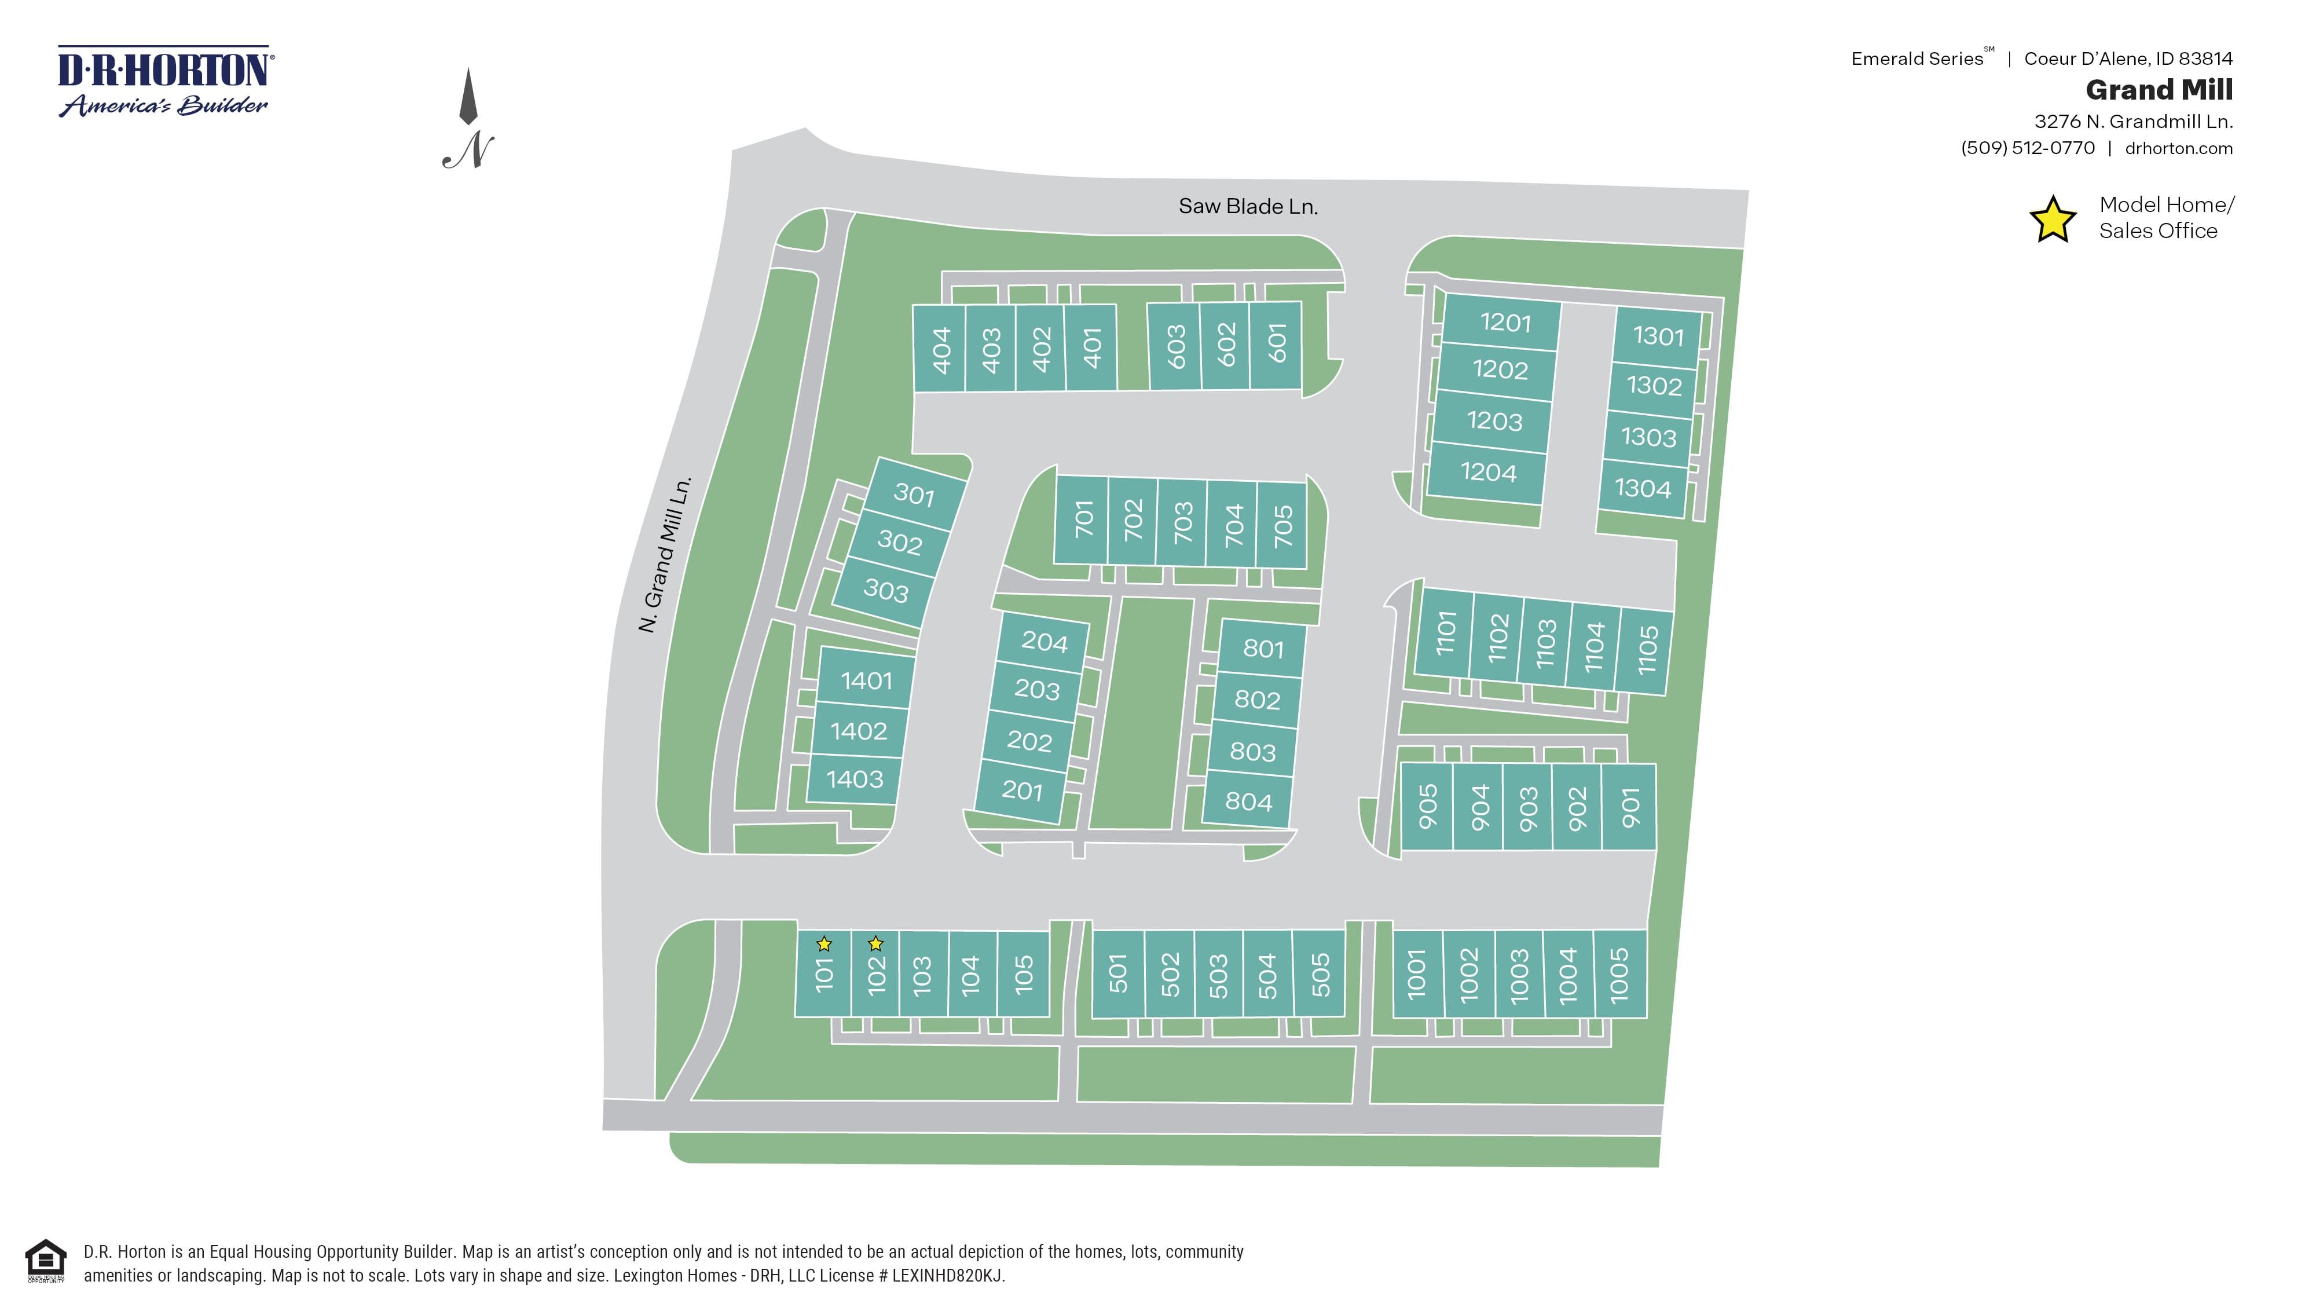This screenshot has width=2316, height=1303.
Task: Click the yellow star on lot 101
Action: (x=823, y=944)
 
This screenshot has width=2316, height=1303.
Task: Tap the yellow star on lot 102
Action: (x=875, y=944)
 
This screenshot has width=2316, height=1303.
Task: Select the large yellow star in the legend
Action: (x=2053, y=220)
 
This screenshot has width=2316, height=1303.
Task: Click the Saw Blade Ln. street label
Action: (x=1248, y=207)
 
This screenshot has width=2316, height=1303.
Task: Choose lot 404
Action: (x=940, y=349)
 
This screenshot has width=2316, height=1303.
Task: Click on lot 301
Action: (x=914, y=495)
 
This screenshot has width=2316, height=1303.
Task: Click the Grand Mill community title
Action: (x=2159, y=90)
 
